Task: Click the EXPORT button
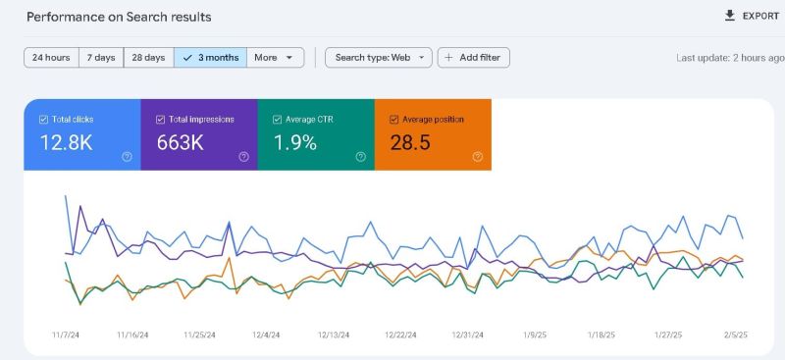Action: tap(751, 16)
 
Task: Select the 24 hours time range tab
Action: tap(51, 58)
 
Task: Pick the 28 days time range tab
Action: tap(148, 58)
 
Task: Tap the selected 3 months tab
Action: tap(211, 58)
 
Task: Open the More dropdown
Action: tap(275, 58)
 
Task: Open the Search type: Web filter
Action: tap(379, 58)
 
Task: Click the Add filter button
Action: tap(473, 58)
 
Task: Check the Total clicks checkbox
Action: tap(43, 119)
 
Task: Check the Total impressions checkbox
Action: tap(160, 119)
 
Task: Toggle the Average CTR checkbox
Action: tap(277, 119)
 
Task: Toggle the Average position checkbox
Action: tap(394, 119)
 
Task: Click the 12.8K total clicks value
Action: tap(66, 143)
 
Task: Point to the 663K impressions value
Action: tap(181, 143)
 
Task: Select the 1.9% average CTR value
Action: tap(294, 143)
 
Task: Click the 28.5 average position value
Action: tap(410, 143)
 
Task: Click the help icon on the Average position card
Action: tap(478, 156)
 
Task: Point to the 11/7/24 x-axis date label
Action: tap(65, 334)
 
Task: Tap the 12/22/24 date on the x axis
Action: tap(401, 334)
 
